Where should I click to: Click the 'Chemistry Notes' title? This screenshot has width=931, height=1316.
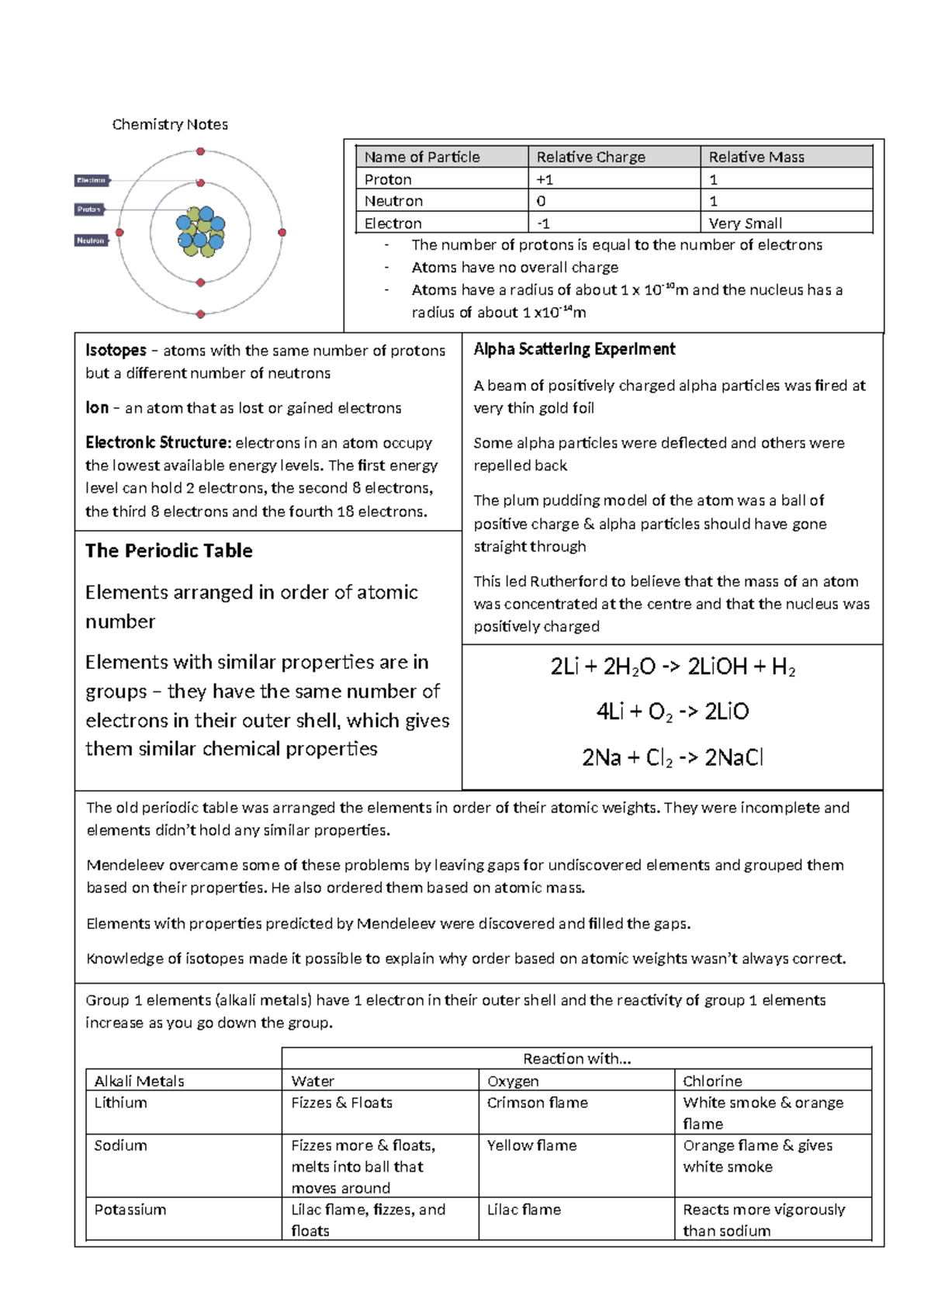(170, 124)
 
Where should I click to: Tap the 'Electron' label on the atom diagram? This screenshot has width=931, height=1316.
(92, 180)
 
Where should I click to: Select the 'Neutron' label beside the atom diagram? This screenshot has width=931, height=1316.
(91, 241)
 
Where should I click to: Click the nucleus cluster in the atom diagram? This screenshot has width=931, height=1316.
(201, 231)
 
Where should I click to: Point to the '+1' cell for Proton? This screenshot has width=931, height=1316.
(545, 179)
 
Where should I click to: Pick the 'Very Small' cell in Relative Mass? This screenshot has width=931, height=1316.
(745, 223)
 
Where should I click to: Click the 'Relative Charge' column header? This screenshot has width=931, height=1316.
(590, 157)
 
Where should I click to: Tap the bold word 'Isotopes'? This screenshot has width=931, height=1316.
(116, 350)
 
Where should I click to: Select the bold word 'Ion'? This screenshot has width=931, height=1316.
(97, 407)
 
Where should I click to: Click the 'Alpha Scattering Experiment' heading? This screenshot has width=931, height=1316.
(574, 349)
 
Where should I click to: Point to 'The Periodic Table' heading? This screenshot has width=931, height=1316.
(169, 551)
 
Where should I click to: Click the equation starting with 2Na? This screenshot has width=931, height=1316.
(672, 757)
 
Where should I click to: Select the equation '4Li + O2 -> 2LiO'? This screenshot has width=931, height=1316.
(672, 712)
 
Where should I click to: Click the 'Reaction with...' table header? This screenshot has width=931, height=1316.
(576, 1058)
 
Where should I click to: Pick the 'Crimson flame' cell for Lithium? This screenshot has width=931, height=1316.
(537, 1103)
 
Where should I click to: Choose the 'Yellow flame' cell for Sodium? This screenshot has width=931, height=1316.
(531, 1145)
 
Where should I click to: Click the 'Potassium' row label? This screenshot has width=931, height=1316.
(130, 1210)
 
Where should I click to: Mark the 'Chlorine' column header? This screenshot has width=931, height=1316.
(712, 1081)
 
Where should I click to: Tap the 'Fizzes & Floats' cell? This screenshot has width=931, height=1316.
(341, 1103)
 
